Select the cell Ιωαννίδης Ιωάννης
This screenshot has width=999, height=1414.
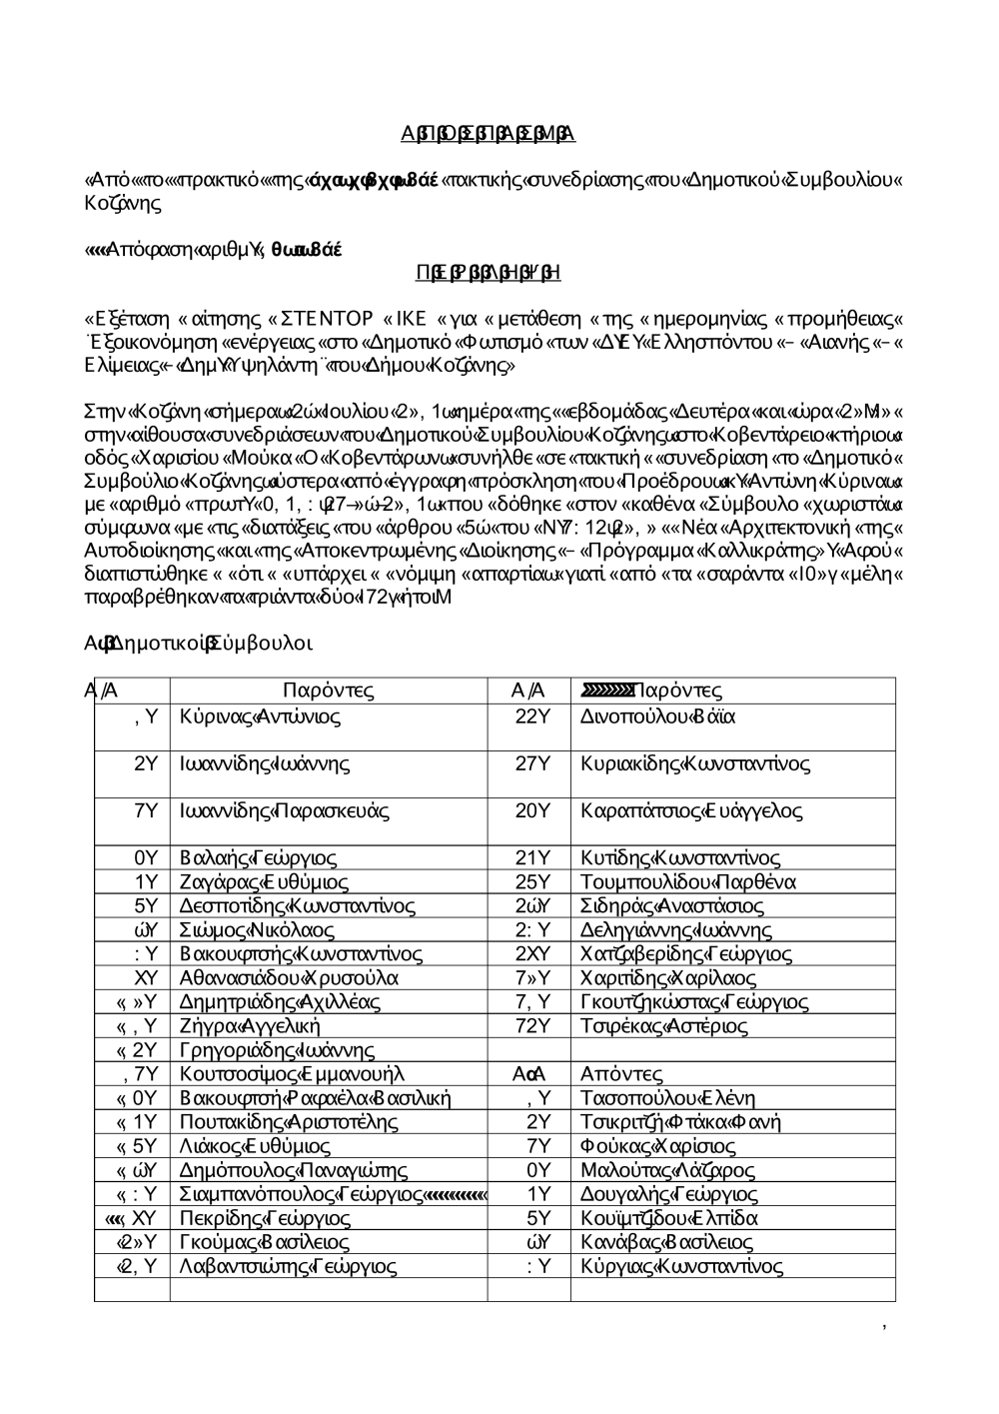pos(265,764)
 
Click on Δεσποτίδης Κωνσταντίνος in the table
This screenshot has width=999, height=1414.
pos(297,906)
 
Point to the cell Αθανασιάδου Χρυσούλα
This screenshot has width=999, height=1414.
pos(289,978)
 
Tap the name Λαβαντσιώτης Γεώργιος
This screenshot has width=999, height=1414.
pos(288,1267)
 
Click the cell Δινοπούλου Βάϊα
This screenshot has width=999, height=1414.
pos(657,716)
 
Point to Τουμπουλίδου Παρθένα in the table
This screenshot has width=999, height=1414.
pos(687,882)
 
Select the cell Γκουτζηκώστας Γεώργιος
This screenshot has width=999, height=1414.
pos(694,1002)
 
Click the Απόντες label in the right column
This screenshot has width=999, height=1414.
pos(620,1074)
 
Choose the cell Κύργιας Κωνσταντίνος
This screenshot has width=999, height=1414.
pos(681,1267)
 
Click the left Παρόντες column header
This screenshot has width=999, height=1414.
pos(328,691)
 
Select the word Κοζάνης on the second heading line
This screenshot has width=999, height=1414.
pos(122,203)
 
